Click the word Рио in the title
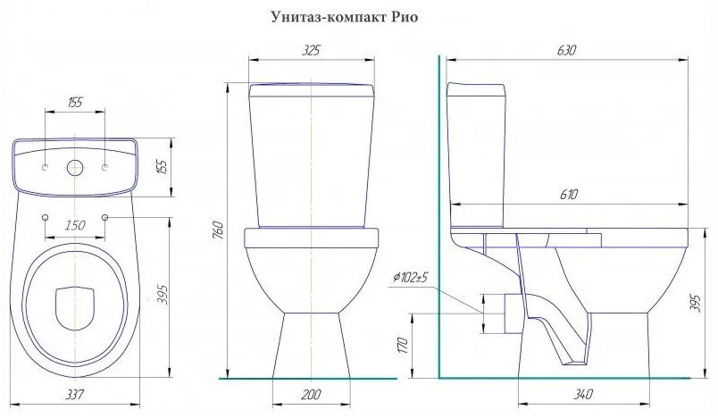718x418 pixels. [405, 17]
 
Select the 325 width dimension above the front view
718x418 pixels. [311, 50]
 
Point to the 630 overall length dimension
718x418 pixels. [566, 50]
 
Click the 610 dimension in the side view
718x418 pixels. [568, 195]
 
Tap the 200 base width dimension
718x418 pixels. [312, 394]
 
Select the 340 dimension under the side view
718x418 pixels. [583, 394]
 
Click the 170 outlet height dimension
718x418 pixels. [403, 346]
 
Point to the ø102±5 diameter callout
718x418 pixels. [410, 278]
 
